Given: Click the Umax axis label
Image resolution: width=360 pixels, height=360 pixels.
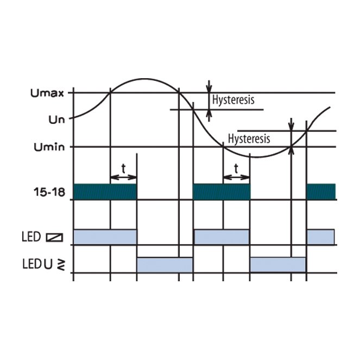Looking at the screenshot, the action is (47, 93).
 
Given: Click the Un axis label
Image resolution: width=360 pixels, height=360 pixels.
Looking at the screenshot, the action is (56, 119).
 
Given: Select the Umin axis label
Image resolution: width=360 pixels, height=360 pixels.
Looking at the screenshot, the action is (49, 147).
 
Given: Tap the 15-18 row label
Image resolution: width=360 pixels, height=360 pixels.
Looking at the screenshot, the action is (49, 192).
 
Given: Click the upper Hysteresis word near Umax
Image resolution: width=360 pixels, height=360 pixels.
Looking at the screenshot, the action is (233, 100).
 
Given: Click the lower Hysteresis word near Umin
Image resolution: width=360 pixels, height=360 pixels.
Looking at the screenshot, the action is (249, 139).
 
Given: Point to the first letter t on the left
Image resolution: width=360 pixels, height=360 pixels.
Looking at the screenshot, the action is (123, 168).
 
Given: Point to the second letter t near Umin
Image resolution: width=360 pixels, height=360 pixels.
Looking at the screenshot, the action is (236, 168).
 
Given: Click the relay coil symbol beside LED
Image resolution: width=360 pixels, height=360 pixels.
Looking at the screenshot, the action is (55, 237).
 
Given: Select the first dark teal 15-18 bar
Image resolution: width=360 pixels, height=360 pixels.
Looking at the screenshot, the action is (105, 192).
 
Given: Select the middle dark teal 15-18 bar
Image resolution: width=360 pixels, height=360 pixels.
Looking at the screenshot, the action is (222, 192).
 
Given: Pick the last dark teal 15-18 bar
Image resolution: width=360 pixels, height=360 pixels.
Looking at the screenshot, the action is (321, 192).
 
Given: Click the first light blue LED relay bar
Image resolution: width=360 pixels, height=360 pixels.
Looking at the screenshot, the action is (105, 237).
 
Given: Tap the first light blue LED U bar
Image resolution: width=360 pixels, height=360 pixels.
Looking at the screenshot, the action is (165, 265).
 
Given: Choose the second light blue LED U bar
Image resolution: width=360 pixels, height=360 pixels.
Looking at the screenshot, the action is (278, 265).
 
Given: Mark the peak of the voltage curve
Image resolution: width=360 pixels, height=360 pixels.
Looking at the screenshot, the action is (144, 79).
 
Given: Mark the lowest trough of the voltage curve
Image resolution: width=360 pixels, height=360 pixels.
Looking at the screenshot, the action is (256, 157).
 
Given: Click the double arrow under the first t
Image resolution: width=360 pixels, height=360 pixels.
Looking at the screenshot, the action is (123, 177).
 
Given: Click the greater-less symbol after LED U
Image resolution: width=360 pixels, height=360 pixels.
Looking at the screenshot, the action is (61, 265).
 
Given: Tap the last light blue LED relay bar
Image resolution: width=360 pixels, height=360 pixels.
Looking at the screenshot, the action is (321, 237).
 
